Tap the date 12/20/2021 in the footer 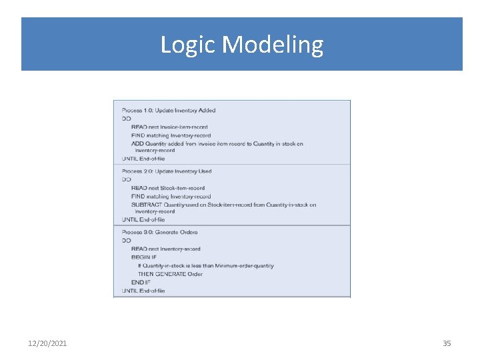pos(47,343)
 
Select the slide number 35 pos(447,343)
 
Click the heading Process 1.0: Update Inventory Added pos(169,111)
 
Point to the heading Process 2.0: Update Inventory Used pos(167,171)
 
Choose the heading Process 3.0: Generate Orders pos(159,232)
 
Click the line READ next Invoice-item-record pos(169,127)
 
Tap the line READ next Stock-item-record pos(168,188)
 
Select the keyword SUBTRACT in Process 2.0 pos(146,205)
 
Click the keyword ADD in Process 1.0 pos(137,143)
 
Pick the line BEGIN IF pos(144,257)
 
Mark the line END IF pos(141,282)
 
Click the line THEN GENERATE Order pos(170,274)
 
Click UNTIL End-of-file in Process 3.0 pos(143,291)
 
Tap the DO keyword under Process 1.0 pos(127,119)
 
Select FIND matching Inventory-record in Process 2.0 pos(171,197)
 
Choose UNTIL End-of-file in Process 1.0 pos(143,159)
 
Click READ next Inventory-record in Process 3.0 pos(165,249)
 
